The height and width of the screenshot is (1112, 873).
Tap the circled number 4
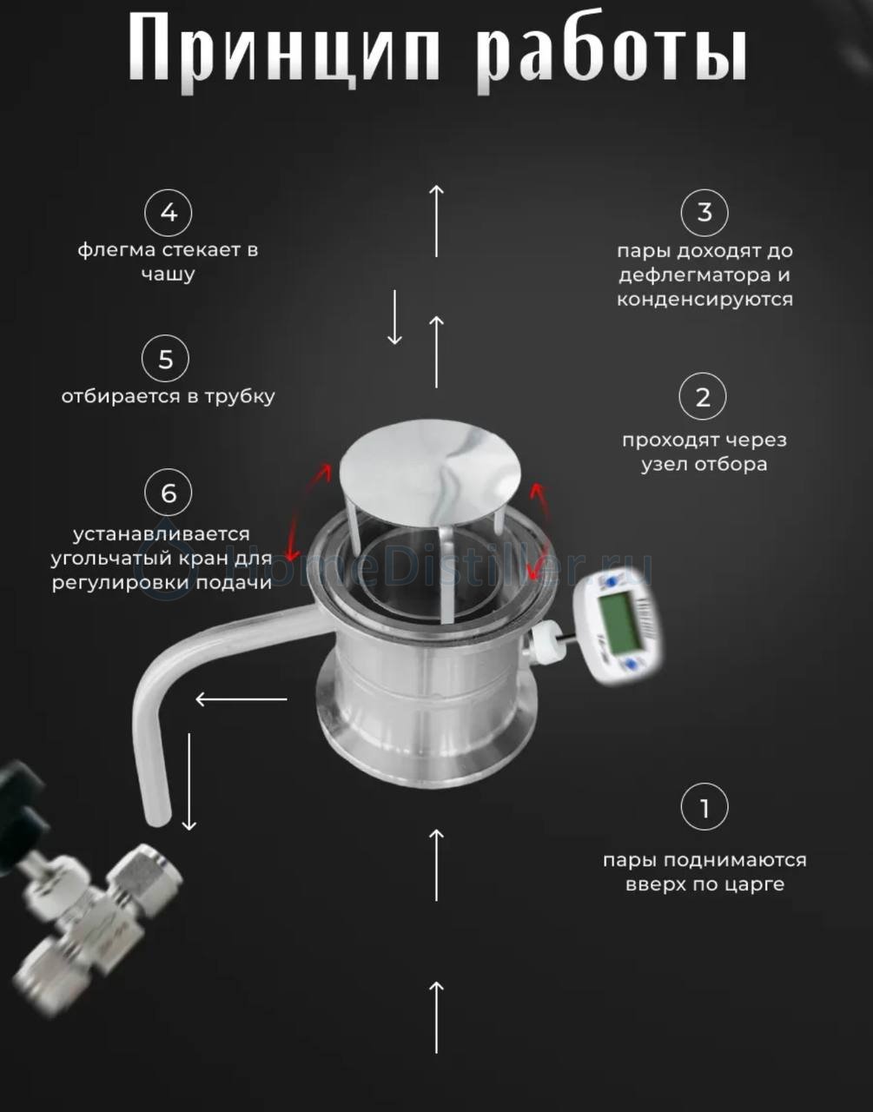[x=169, y=212]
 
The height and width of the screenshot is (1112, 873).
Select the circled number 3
[x=704, y=212]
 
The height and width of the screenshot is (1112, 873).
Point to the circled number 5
[x=165, y=358]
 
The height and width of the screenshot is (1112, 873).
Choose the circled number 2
[x=703, y=396]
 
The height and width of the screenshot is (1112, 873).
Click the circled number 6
[x=169, y=493]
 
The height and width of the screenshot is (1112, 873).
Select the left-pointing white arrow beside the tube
[x=241, y=699]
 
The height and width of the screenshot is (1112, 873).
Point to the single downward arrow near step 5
[x=394, y=317]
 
